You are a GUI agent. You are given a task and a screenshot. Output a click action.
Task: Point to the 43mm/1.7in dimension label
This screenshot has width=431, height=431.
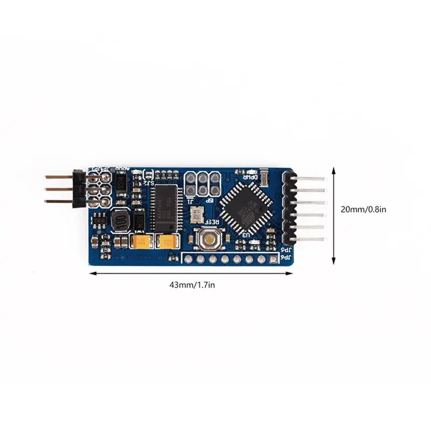coord(192,285)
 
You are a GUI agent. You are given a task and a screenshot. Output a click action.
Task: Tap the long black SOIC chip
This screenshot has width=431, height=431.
coord(164,208)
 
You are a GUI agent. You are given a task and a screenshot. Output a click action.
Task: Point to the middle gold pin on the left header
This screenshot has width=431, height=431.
coord(58,189)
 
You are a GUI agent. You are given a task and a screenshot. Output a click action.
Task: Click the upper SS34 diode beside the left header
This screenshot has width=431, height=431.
coord(121,184)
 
